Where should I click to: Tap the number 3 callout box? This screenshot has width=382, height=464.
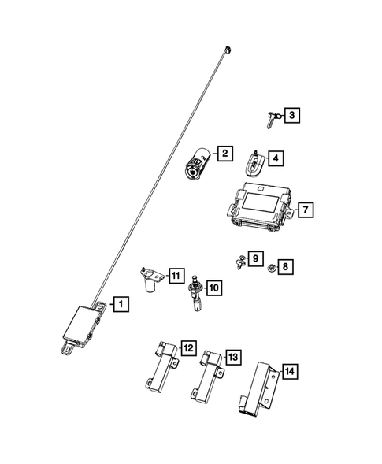point(293,117)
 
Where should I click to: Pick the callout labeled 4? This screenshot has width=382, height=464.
point(276,158)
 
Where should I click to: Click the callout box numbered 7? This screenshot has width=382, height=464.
point(306,210)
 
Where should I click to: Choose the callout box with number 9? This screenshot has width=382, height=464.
point(255,258)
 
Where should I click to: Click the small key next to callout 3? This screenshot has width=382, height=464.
point(270,121)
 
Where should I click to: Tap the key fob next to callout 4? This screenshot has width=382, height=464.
point(254,164)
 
